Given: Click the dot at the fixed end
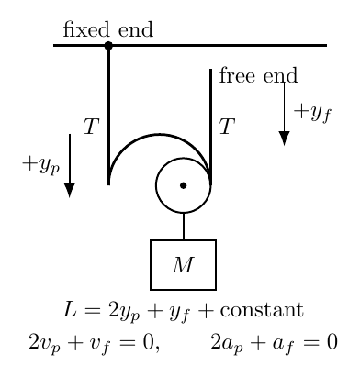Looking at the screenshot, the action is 108,46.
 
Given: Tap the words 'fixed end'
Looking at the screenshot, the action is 107,29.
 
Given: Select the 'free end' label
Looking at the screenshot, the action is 258,75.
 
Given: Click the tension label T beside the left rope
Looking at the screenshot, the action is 92,127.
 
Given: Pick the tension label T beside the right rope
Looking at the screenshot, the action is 227,127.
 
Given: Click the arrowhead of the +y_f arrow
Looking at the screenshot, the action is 284,139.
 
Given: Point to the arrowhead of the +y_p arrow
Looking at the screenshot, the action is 70,191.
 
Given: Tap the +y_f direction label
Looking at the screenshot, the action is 312,113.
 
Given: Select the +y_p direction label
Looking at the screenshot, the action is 41,165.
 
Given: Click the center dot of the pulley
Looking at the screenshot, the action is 183,185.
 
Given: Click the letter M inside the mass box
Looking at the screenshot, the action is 183,265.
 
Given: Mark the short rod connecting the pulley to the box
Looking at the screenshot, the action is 184,227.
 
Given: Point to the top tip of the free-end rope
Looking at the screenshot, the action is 210,70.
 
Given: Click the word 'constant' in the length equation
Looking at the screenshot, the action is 262,310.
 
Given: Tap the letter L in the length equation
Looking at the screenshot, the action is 70,309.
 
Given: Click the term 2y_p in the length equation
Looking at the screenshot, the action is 124,311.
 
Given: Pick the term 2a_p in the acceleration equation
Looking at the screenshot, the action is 227,343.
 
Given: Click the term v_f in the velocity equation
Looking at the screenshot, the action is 100,343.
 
